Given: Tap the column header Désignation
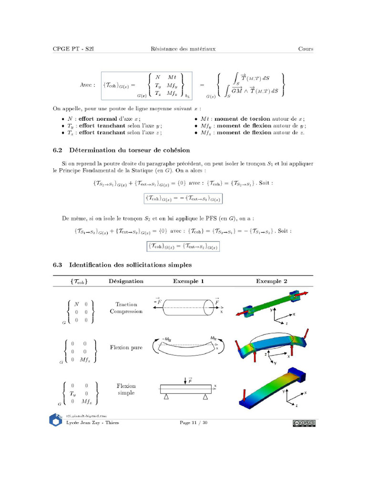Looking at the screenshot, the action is (x=126, y=281).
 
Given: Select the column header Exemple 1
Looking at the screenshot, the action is (x=188, y=281).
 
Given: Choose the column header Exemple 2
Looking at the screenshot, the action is (x=272, y=281).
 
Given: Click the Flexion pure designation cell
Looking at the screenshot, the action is (x=126, y=347).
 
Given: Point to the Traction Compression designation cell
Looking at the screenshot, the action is (x=126, y=308).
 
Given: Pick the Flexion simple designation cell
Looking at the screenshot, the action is (x=126, y=389).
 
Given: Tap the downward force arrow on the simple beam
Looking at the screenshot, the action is (x=185, y=380).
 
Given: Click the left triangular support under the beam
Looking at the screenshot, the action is (x=166, y=396).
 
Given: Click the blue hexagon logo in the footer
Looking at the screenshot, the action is (x=56, y=420).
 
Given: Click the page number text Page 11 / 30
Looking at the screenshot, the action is (x=193, y=423).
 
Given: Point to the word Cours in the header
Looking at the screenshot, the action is (x=305, y=49).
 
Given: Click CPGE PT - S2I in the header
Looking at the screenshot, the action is (x=73, y=49).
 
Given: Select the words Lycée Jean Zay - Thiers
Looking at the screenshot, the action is (x=92, y=423).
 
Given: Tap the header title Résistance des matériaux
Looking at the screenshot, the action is (x=183, y=49).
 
